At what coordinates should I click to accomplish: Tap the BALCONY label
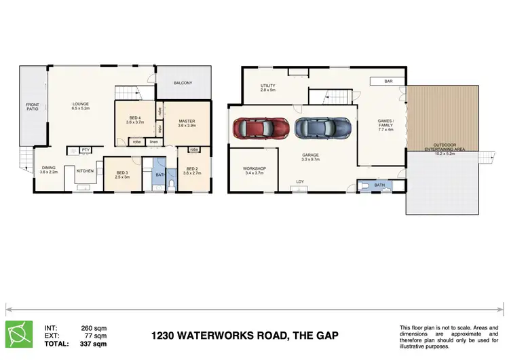(x=183, y=83)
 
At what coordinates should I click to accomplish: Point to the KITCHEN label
(x=84, y=171)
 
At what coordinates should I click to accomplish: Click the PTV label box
(x=86, y=149)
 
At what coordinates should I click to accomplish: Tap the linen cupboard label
(x=154, y=142)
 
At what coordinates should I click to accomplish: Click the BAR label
(x=388, y=81)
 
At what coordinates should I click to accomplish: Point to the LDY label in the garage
(x=299, y=181)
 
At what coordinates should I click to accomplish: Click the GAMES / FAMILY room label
(x=386, y=125)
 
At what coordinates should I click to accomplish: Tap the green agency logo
(x=18, y=333)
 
